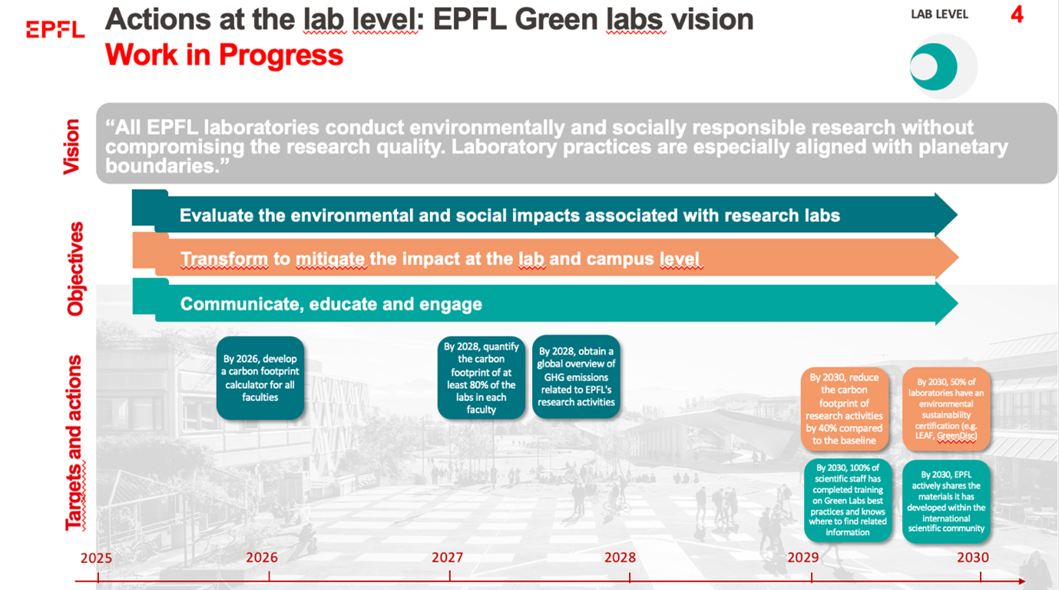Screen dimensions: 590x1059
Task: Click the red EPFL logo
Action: pyautogui.click(x=55, y=29)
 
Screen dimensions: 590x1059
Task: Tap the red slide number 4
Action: pyautogui.click(x=1017, y=15)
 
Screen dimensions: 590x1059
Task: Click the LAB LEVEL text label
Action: pyautogui.click(x=939, y=15)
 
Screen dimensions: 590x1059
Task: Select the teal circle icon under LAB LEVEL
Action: pyautogui.click(x=935, y=67)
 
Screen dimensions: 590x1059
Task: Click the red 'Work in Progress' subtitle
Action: pyautogui.click(x=224, y=55)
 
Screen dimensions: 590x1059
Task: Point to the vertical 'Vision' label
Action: pyautogui.click(x=71, y=146)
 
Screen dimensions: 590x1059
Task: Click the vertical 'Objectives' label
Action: pyautogui.click(x=74, y=269)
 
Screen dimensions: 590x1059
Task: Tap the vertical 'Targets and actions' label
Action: pyautogui.click(x=74, y=442)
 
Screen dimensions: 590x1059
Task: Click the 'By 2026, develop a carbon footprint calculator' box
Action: pyautogui.click(x=260, y=378)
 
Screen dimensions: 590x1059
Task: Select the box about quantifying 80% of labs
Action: pyautogui.click(x=482, y=377)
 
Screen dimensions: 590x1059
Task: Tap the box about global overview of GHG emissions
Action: pyautogui.click(x=576, y=376)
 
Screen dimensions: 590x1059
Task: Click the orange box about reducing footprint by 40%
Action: pyautogui.click(x=845, y=409)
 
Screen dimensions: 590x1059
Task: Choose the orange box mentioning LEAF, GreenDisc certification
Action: pyautogui.click(x=945, y=409)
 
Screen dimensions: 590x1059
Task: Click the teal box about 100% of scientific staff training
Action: pyautogui.click(x=847, y=500)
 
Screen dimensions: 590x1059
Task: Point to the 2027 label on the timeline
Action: pyautogui.click(x=447, y=558)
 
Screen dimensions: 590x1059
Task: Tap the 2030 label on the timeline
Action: pyautogui.click(x=972, y=558)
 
